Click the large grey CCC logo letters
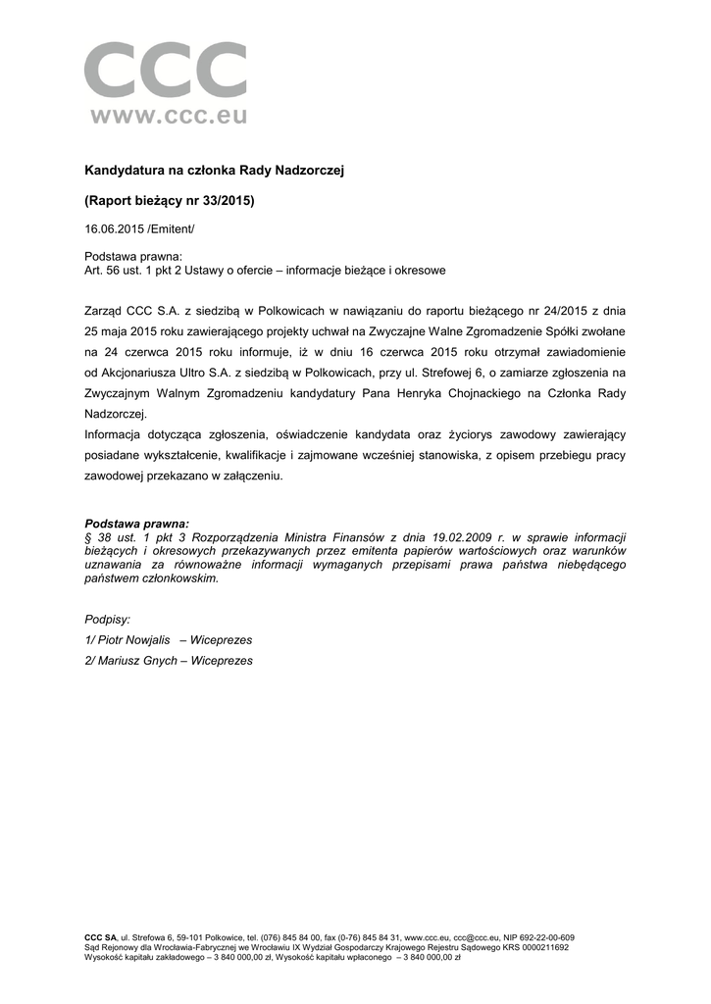click(x=165, y=72)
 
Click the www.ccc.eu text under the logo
click(x=168, y=117)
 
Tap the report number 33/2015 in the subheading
click(x=226, y=201)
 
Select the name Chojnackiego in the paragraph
click(x=515, y=393)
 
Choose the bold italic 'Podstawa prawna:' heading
click(x=137, y=525)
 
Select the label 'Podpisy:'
click(x=108, y=619)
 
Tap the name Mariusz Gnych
click(x=135, y=661)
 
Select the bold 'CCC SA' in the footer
click(x=100, y=938)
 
